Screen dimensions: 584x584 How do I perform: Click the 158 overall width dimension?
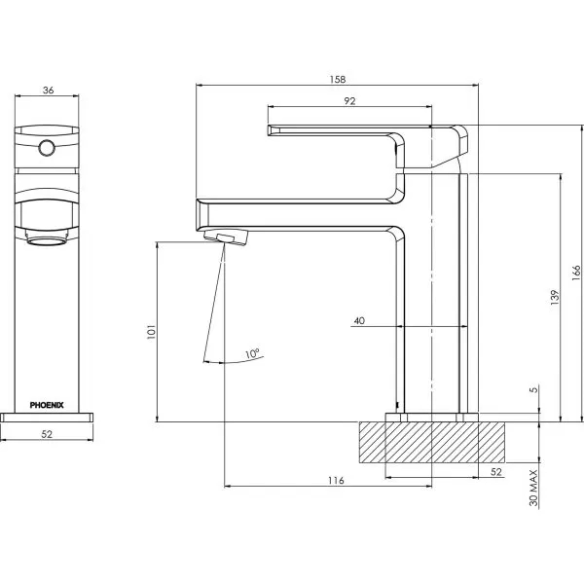click(x=337, y=80)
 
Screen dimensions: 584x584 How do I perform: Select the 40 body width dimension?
click(x=359, y=320)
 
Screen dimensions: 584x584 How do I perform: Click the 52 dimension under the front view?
click(x=47, y=434)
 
